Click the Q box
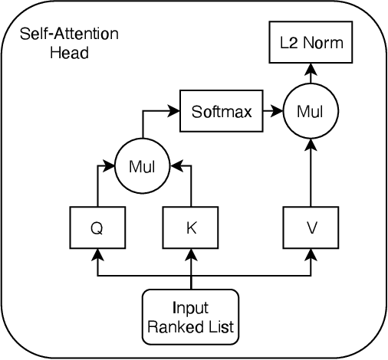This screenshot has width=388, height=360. (x=98, y=228)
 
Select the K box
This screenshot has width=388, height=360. (x=191, y=228)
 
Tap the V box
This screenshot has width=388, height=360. (x=311, y=228)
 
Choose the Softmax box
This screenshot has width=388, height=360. (x=222, y=110)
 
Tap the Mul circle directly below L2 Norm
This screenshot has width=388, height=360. (x=311, y=111)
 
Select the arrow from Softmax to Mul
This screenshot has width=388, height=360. (x=273, y=111)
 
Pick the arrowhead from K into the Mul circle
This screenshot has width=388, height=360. (x=173, y=165)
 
